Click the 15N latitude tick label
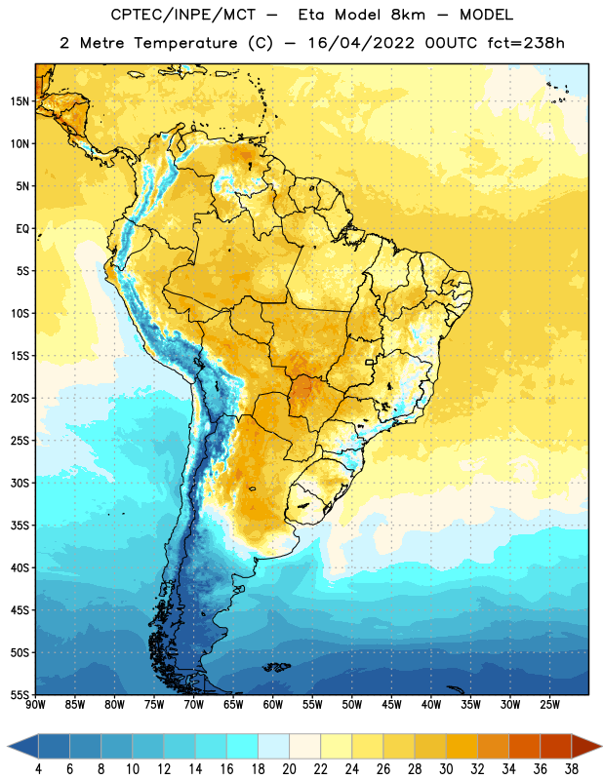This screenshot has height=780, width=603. point(20,101)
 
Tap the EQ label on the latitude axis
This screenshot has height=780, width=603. point(22,229)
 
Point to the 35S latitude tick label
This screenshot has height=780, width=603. point(20,526)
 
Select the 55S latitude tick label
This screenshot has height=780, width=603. point(20,695)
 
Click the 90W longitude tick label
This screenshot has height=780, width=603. point(36,705)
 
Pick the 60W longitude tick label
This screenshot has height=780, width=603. point(273,705)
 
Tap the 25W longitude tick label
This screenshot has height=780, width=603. point(549,705)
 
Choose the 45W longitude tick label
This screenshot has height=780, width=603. point(391,705)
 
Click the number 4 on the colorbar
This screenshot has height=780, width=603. point(38,769)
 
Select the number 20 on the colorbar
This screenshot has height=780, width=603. point(289,769)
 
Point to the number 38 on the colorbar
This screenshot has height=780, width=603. point(572,769)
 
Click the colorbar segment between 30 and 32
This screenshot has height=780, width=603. point(462,747)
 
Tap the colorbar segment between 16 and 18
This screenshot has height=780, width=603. point(243,747)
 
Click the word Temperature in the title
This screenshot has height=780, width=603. point(185,43)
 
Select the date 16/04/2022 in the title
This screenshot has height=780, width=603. point(361,43)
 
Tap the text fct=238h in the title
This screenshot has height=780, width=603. point(526,43)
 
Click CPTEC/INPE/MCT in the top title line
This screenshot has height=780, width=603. point(183,15)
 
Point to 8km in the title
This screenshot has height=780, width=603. point(408,15)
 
